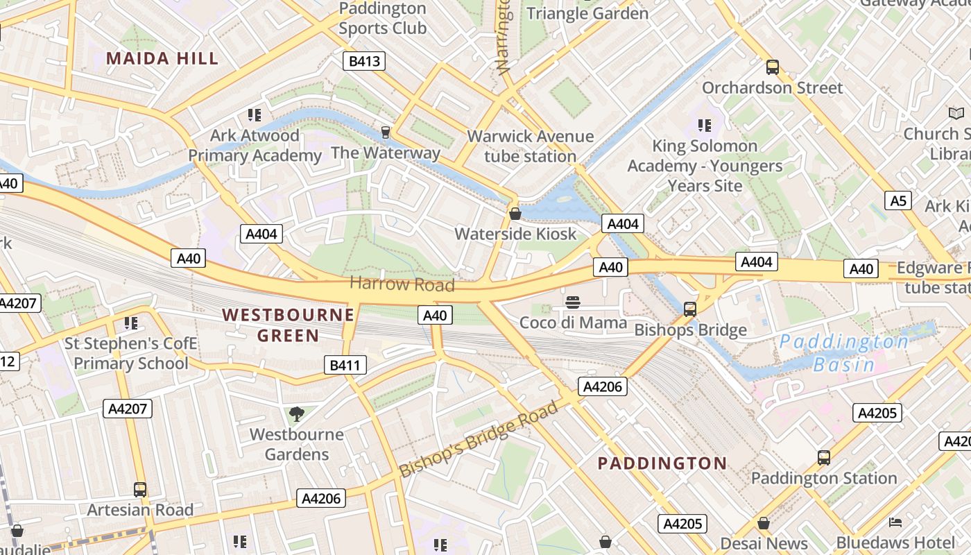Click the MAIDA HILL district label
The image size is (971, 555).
pyautogui.click(x=162, y=58)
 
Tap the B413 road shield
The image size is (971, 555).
pyautogui.click(x=364, y=61)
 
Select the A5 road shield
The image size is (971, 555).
pyautogui.click(x=898, y=200)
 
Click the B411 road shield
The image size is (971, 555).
pyautogui.click(x=345, y=365)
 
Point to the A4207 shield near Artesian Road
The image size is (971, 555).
pyautogui.click(x=128, y=409)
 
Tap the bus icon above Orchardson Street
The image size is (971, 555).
pyautogui.click(x=772, y=67)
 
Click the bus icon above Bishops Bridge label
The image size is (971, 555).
pyautogui.click(x=689, y=309)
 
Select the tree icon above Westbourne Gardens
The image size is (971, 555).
pyautogui.click(x=297, y=414)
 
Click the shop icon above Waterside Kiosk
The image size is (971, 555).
pyautogui.click(x=515, y=214)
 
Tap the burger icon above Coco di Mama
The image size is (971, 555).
pyautogui.click(x=573, y=302)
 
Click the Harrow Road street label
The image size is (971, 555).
pyautogui.click(x=402, y=284)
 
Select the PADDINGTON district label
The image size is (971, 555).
pyautogui.click(x=662, y=463)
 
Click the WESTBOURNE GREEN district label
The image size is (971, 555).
pyautogui.click(x=288, y=325)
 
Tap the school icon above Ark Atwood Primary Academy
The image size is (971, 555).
pyautogui.click(x=255, y=115)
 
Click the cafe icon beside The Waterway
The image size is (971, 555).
pyautogui.click(x=386, y=132)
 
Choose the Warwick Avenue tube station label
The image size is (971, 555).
pyautogui.click(x=531, y=146)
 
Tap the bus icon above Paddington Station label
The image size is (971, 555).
pyautogui.click(x=823, y=458)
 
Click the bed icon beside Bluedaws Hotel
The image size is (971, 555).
pyautogui.click(x=895, y=522)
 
